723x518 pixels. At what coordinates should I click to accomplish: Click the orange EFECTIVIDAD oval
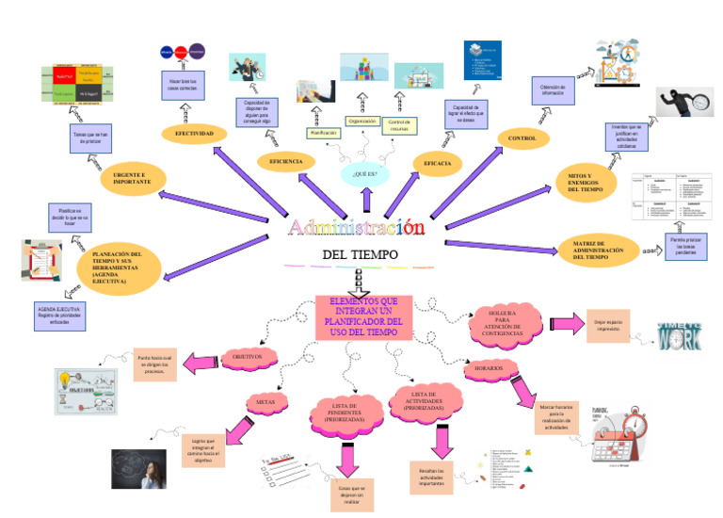[194, 135]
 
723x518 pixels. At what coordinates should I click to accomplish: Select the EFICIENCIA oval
[286, 162]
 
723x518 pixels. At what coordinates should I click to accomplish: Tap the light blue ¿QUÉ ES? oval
[364, 174]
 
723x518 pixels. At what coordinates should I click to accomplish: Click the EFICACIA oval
[438, 164]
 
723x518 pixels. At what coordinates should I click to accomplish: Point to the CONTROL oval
[522, 139]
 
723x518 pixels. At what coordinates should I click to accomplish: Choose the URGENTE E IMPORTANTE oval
[133, 179]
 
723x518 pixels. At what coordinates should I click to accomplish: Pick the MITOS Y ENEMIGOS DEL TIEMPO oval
[588, 183]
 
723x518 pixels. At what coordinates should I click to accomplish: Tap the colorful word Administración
[356, 228]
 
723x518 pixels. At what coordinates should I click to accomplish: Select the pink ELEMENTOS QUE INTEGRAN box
[363, 318]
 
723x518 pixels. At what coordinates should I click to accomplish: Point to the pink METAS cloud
[265, 402]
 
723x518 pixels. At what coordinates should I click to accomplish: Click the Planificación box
[324, 134]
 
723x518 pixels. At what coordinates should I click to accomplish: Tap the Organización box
[362, 121]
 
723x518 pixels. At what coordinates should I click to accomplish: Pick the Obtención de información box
[553, 90]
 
